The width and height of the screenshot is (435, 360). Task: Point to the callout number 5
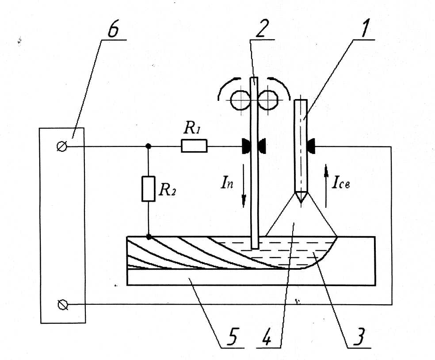click(x=232, y=337)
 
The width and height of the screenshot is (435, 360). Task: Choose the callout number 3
click(x=359, y=337)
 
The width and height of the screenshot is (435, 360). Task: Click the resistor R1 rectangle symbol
click(x=194, y=146)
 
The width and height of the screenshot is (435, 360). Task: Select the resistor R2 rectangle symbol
click(x=149, y=188)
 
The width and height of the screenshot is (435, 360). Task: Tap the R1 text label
click(x=192, y=128)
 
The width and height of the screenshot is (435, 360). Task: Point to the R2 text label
click(x=167, y=190)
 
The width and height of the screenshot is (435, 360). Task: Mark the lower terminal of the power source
click(x=62, y=305)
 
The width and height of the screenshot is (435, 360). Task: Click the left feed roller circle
click(x=240, y=100)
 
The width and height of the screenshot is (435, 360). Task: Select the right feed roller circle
click(x=268, y=100)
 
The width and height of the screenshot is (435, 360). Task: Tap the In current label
click(x=227, y=184)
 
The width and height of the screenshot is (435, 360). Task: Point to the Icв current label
click(x=341, y=183)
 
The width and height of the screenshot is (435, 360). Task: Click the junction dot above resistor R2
click(x=149, y=146)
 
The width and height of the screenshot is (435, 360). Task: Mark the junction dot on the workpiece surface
click(x=149, y=237)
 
